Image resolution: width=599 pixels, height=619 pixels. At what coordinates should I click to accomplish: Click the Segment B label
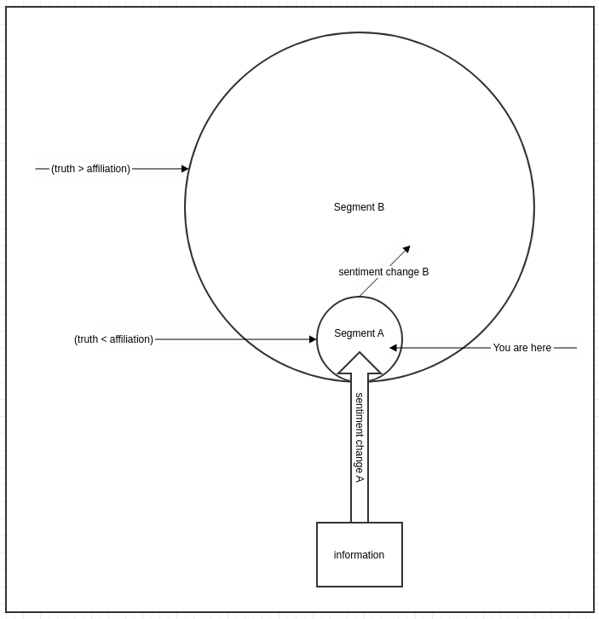click(x=359, y=207)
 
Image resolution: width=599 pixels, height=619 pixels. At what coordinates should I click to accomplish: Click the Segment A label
click(x=359, y=333)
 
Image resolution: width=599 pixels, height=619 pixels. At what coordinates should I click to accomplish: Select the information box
click(x=360, y=555)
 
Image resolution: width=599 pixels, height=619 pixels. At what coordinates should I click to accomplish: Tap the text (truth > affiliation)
click(x=91, y=169)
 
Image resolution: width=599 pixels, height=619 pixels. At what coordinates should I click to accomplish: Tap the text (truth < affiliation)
click(x=113, y=339)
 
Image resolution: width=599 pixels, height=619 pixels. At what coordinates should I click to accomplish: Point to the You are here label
click(x=522, y=348)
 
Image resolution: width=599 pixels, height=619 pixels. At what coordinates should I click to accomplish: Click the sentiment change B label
click(x=383, y=272)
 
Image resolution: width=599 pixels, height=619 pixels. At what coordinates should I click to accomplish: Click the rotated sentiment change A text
click(x=359, y=437)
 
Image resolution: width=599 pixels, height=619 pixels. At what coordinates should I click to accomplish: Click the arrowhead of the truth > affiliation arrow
click(x=185, y=169)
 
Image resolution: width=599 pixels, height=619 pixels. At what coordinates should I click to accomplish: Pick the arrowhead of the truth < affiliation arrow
click(x=313, y=339)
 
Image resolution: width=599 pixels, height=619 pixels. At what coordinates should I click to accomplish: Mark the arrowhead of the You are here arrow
click(x=393, y=348)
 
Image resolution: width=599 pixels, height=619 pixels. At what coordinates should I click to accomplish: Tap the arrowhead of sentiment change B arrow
click(x=407, y=249)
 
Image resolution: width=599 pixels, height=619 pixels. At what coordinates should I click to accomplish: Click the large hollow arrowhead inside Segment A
click(x=360, y=363)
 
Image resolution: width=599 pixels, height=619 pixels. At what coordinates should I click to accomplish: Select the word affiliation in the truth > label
click(x=107, y=169)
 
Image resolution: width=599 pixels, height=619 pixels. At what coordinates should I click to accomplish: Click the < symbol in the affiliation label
click(x=104, y=339)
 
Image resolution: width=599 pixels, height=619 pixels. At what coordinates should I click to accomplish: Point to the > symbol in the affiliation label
click(x=81, y=169)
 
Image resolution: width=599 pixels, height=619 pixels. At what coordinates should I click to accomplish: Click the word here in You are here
click(x=541, y=348)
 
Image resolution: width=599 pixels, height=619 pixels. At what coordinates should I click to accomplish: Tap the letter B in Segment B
click(x=381, y=207)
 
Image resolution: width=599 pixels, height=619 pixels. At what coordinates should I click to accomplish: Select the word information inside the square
click(x=359, y=555)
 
